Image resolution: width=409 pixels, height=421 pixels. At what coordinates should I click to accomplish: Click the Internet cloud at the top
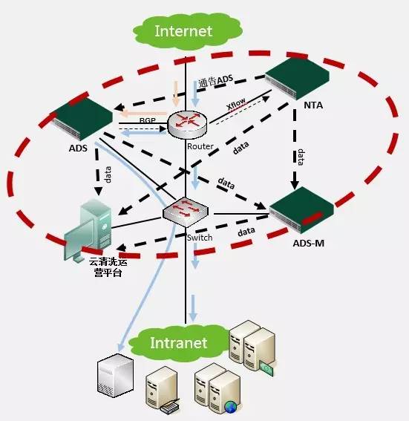183,30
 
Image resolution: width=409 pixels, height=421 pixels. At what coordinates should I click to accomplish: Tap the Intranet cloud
178,342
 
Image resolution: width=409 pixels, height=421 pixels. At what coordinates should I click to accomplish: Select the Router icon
186,123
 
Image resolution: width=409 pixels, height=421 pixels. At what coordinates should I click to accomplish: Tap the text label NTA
313,105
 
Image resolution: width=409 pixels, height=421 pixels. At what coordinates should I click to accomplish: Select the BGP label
147,120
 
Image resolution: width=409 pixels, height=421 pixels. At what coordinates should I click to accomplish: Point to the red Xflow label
236,108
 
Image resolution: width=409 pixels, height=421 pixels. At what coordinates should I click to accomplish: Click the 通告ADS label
215,80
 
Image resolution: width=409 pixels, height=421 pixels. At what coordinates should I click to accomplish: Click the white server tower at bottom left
115,376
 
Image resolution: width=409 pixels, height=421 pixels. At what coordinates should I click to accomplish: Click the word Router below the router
200,146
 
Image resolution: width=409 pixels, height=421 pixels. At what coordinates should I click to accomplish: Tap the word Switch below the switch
200,238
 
